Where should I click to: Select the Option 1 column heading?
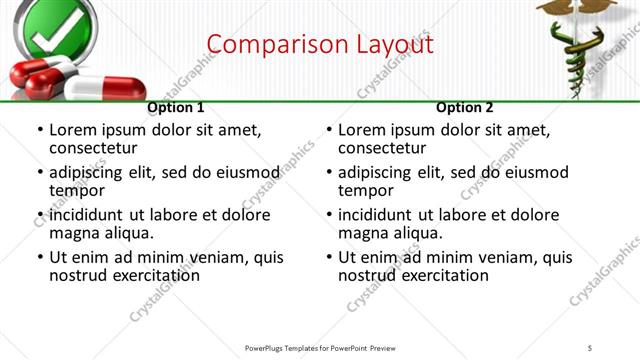(x=176, y=107)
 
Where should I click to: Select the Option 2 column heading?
(x=465, y=107)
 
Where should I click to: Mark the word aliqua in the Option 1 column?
(x=129, y=233)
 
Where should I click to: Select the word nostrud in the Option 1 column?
(x=77, y=275)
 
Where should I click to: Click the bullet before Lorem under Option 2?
(x=329, y=130)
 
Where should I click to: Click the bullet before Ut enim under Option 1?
(x=40, y=257)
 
